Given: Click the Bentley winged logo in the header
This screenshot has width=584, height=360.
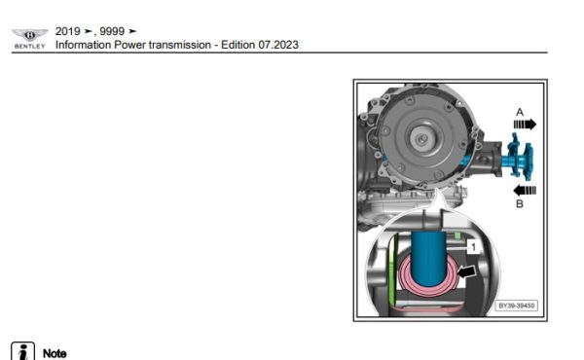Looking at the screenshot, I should [29, 35].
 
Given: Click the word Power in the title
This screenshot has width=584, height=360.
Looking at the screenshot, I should [130, 45].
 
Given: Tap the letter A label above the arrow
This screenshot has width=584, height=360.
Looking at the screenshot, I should [520, 112].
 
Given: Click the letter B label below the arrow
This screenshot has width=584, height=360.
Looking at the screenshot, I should [520, 204].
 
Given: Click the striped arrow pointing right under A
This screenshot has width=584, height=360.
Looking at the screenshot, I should [524, 126].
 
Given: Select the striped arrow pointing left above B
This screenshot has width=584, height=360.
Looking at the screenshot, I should [524, 189].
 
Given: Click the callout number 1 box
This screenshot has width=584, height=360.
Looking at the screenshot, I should [471, 248].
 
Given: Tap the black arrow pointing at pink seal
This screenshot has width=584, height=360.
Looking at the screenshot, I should [467, 271].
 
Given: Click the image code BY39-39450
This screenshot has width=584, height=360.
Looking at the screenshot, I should [516, 306].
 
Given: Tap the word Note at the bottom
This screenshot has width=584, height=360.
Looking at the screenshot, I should [55, 352].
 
